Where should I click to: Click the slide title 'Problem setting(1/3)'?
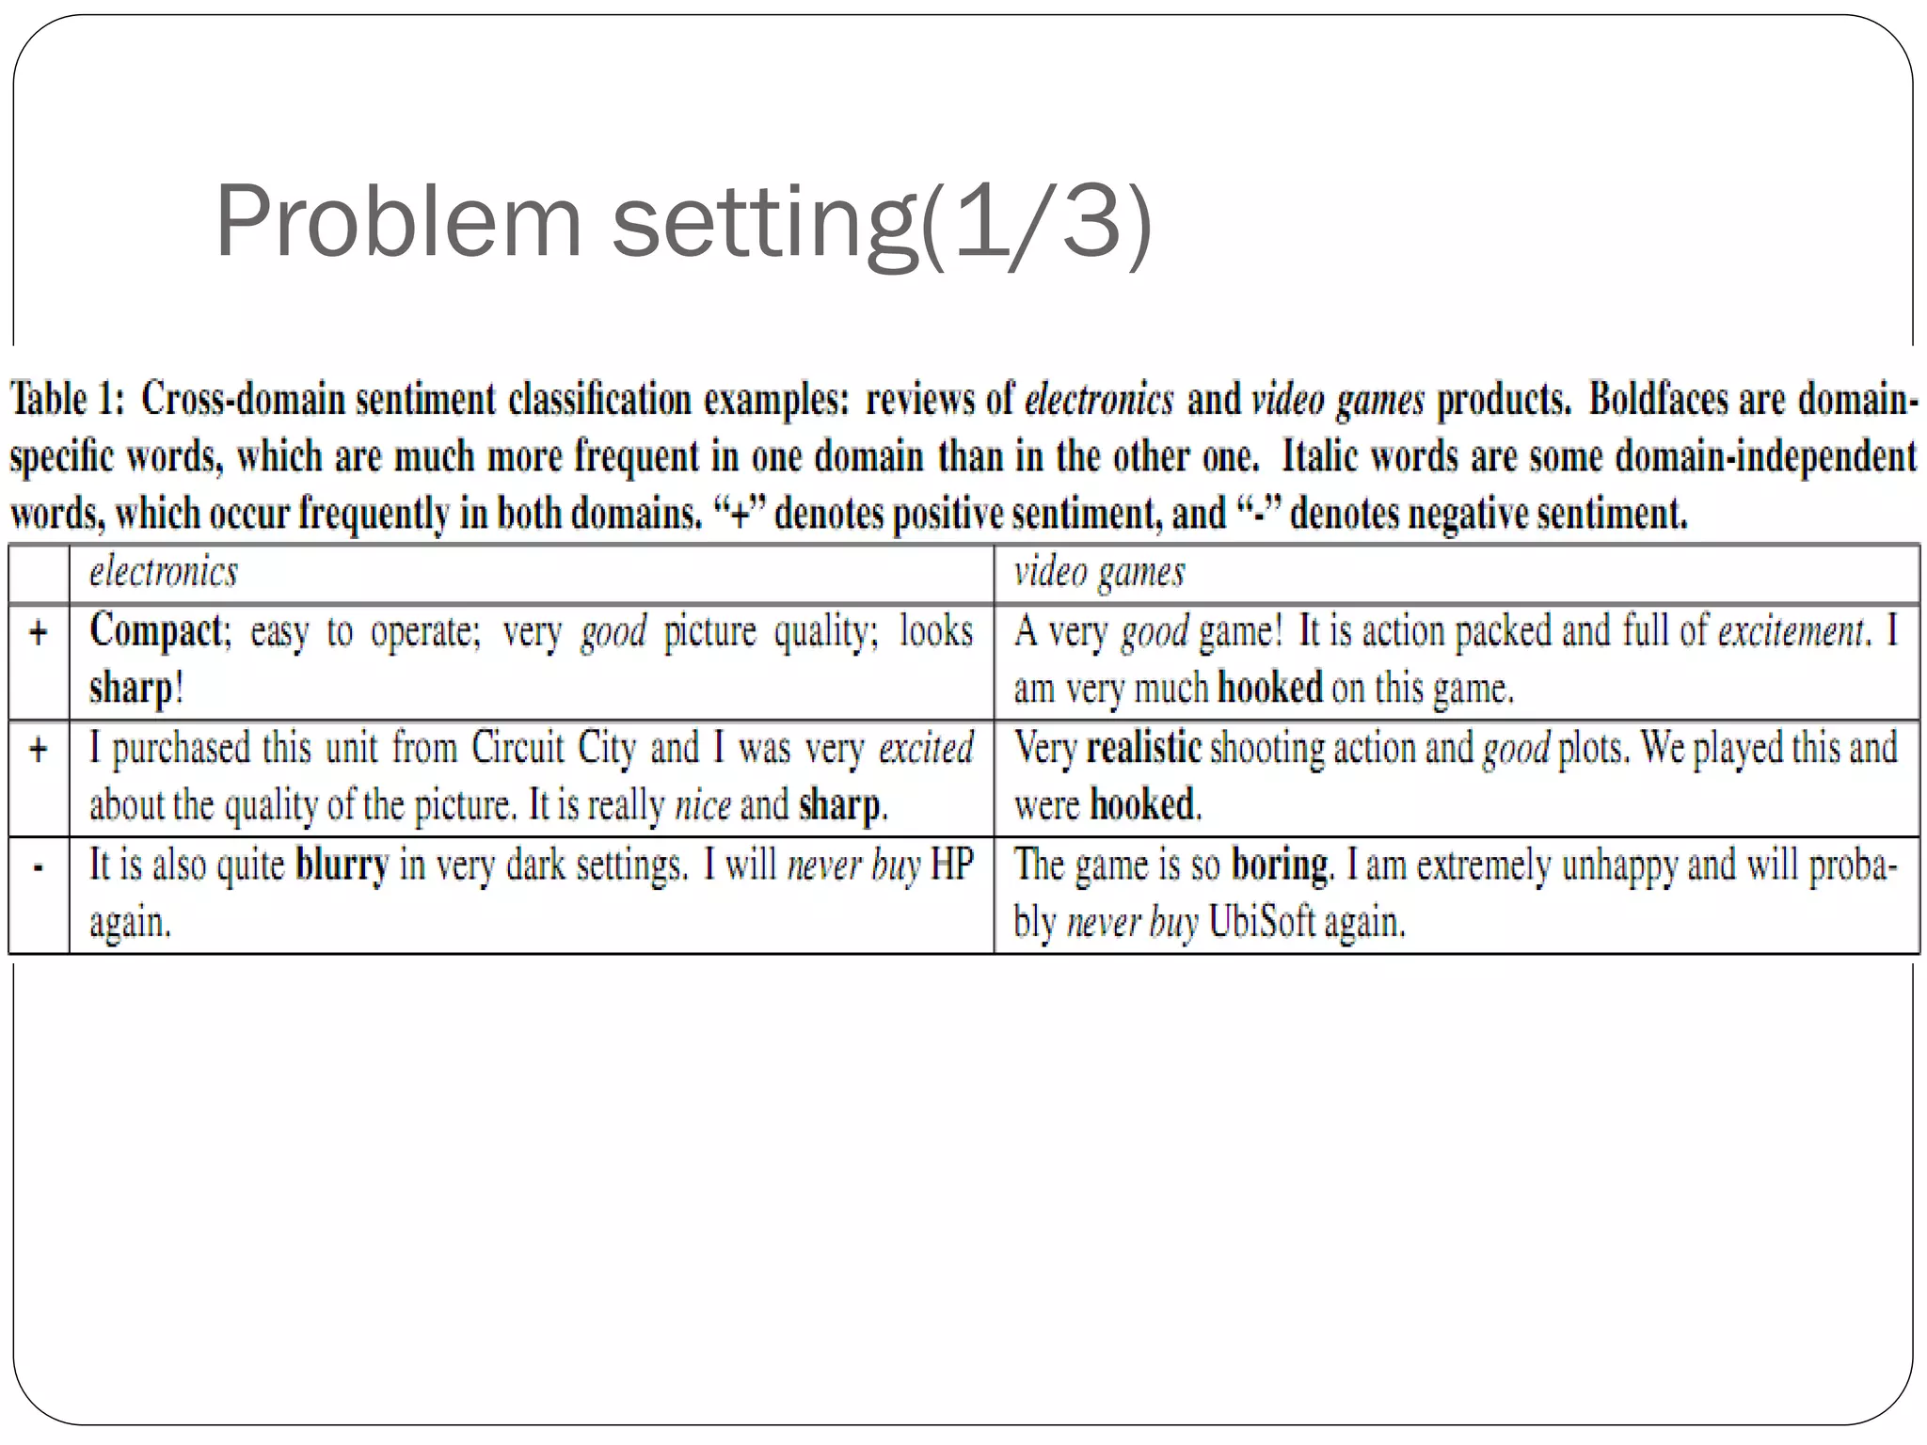click(x=683, y=223)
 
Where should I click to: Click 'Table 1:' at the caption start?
click(x=67, y=399)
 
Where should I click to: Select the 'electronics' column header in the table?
click(x=164, y=572)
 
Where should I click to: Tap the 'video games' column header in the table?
click(x=1099, y=572)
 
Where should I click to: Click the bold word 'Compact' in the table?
click(x=156, y=630)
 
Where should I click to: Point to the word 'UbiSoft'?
click(x=1261, y=921)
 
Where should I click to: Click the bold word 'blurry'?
click(x=342, y=865)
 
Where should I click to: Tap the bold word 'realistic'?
click(x=1143, y=748)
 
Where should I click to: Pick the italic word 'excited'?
click(x=926, y=749)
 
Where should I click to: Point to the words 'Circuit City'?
click(x=553, y=748)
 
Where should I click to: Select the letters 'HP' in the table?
click(x=951, y=865)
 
